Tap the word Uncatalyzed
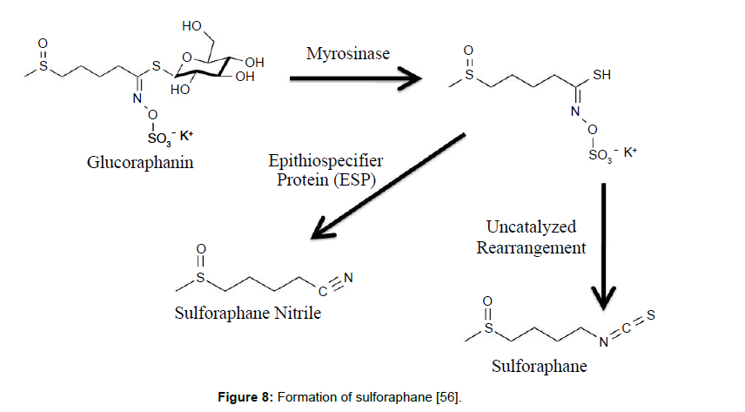pos(531,227)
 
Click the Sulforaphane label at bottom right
pos(537,366)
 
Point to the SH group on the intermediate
pos(601,76)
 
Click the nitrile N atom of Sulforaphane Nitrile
pos(349,279)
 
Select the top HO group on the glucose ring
pos(192,27)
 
